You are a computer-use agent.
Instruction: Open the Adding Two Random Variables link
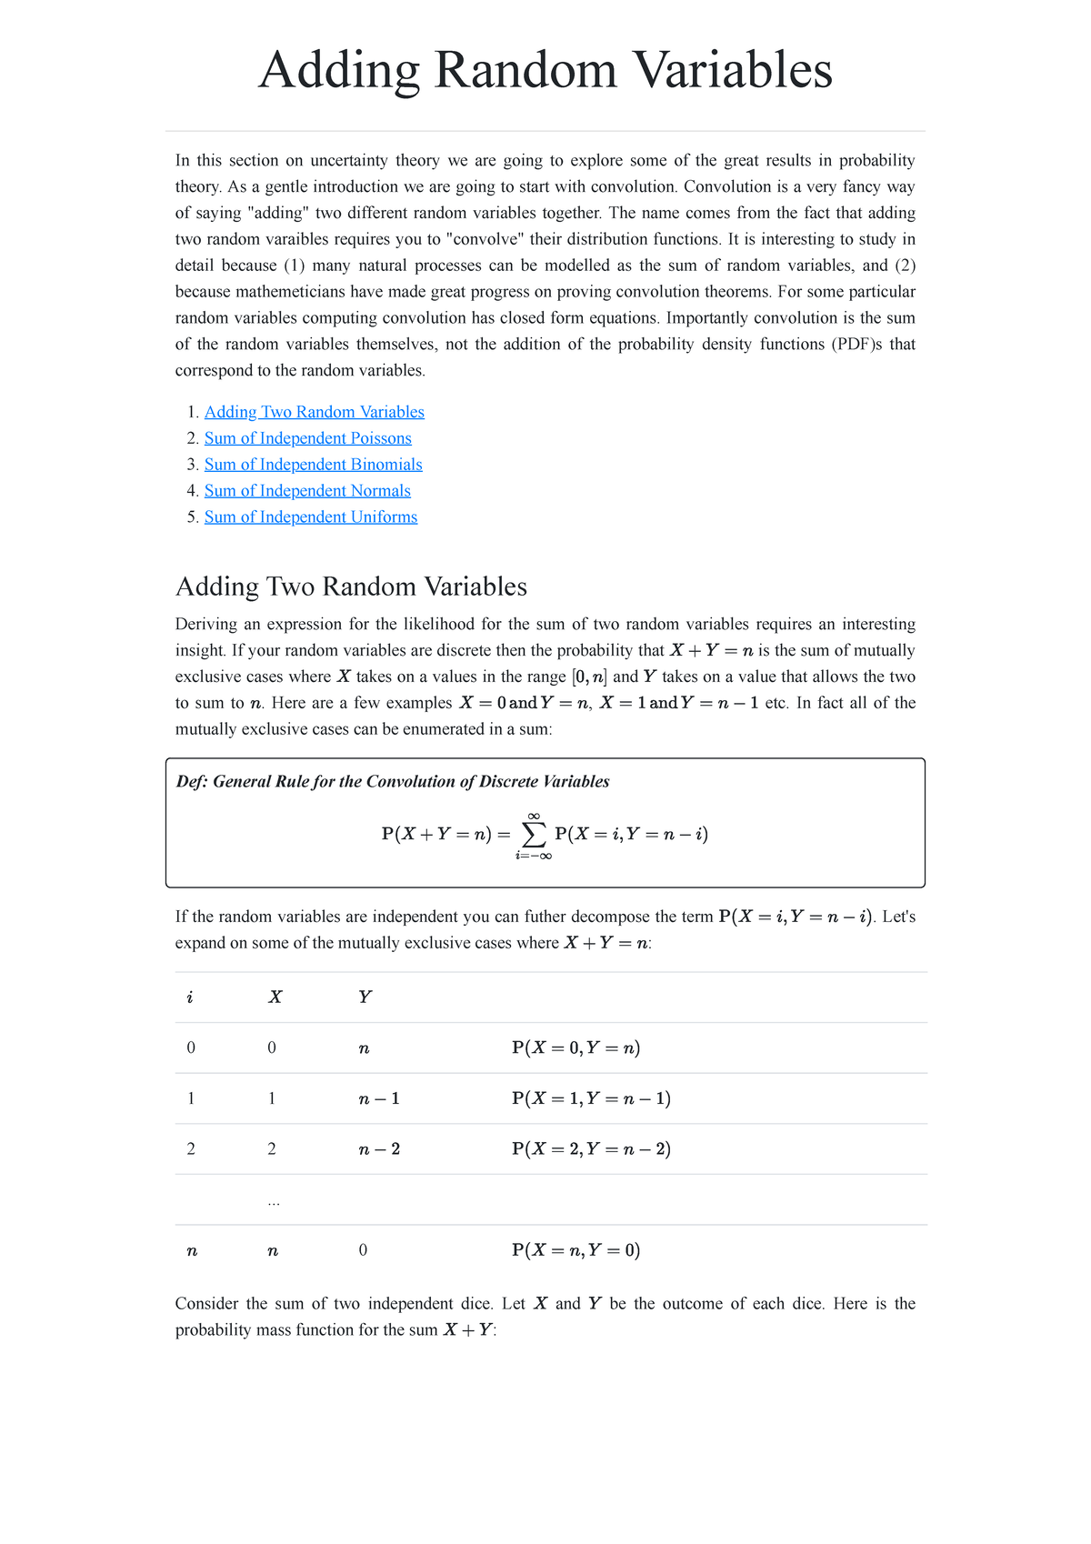coord(314,412)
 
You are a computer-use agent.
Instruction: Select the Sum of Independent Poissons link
coord(307,438)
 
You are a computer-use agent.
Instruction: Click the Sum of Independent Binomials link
coord(313,465)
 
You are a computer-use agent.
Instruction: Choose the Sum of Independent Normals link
coord(307,491)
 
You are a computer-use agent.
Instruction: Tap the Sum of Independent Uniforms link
coord(311,517)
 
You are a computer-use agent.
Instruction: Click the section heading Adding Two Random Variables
coord(351,587)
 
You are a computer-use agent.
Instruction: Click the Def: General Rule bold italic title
coord(393,782)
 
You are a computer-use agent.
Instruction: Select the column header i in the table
coord(190,998)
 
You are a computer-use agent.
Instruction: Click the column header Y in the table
coord(365,998)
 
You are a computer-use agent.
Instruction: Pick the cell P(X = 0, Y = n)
coord(576,1048)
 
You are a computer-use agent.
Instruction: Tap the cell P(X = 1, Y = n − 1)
coord(591,1098)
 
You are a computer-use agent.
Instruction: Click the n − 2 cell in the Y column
coord(379,1149)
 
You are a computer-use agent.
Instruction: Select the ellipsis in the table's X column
coord(274,1202)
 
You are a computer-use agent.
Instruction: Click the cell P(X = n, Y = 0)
coord(576,1250)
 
